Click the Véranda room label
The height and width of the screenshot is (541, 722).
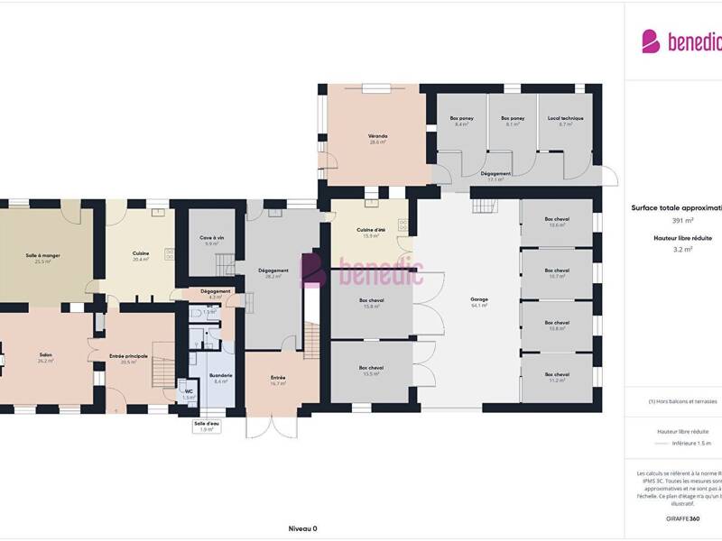[x=377, y=135]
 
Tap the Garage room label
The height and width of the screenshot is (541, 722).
[x=478, y=298]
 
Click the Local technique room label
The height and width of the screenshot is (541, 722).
[x=566, y=118]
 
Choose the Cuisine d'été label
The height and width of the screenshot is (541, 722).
[x=370, y=231]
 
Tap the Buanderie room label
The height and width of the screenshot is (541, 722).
[x=221, y=375]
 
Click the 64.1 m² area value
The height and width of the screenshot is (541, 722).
[x=478, y=306]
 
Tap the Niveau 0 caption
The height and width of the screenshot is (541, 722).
[x=302, y=529]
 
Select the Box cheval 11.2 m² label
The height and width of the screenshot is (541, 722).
[x=557, y=374]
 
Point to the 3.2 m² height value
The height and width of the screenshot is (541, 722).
[x=682, y=250]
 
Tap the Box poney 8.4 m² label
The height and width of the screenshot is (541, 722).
[x=461, y=118]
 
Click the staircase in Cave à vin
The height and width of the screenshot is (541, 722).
[x=223, y=262]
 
